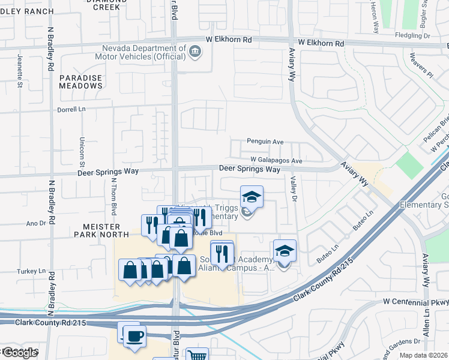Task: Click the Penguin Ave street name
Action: pyautogui.click(x=265, y=142)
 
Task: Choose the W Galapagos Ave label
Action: pyautogui.click(x=277, y=161)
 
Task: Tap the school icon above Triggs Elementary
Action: pyautogui.click(x=252, y=197)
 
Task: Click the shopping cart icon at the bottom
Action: pyautogui.click(x=196, y=355)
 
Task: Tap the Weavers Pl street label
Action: pyautogui.click(x=421, y=67)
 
